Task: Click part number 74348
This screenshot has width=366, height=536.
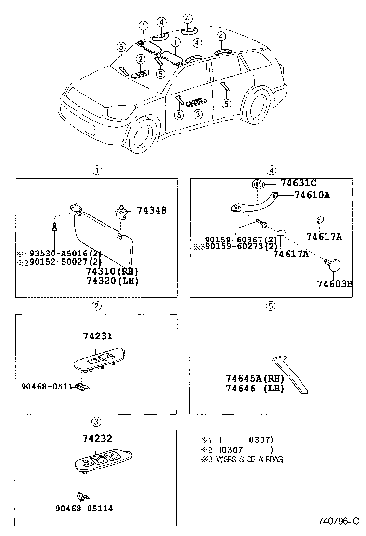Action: (x=152, y=210)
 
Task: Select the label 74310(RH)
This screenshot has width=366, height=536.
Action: (x=112, y=271)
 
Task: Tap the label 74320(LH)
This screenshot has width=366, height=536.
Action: (x=112, y=281)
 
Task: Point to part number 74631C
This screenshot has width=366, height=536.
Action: (x=299, y=183)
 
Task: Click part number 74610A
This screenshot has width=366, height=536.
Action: (x=312, y=195)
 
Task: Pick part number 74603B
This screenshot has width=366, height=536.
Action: (x=334, y=284)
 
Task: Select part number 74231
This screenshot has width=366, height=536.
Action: (x=99, y=336)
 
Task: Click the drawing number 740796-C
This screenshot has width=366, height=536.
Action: (x=339, y=521)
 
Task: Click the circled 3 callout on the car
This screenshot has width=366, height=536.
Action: (x=197, y=114)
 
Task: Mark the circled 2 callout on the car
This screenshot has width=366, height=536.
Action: (x=140, y=59)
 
